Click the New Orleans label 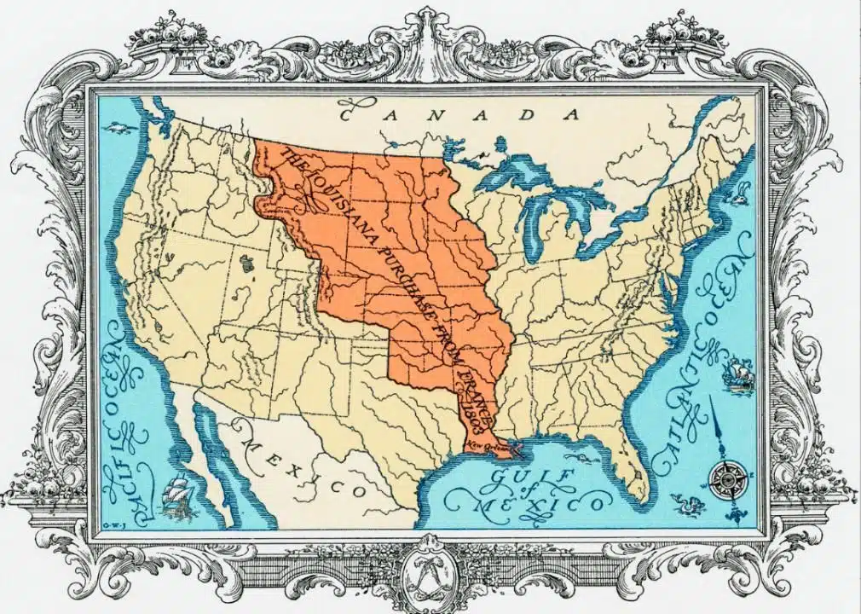[x=486, y=444]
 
